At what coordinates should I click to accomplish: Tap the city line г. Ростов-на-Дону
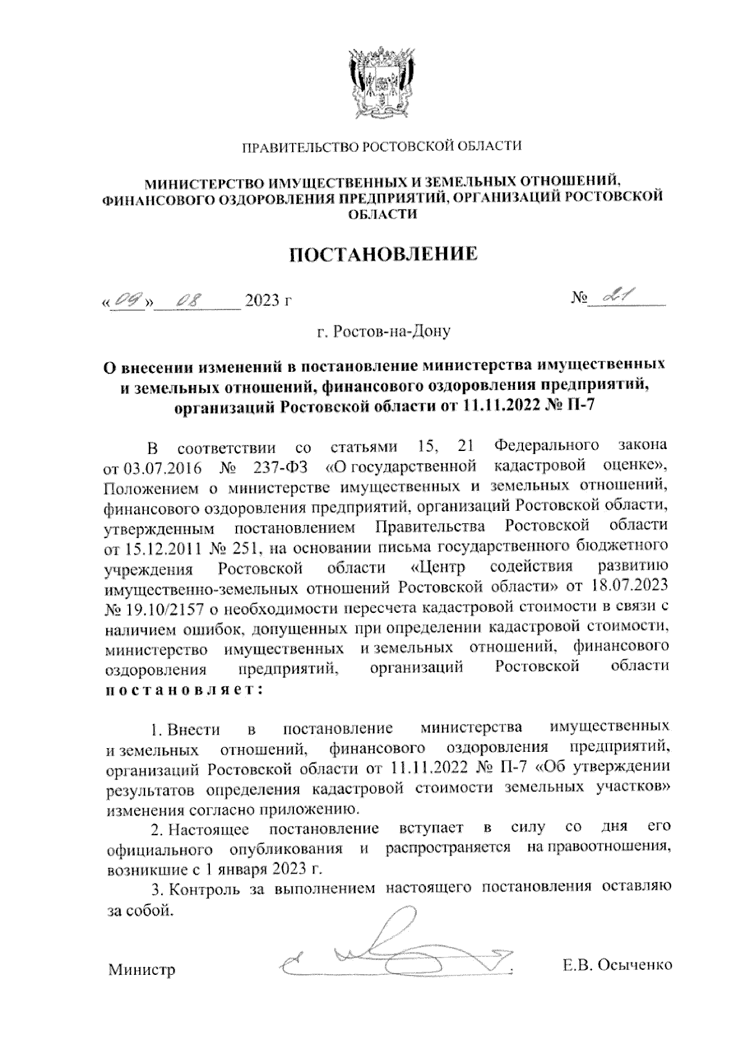click(x=383, y=332)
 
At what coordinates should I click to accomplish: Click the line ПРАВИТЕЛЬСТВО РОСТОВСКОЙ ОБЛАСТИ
click(x=381, y=146)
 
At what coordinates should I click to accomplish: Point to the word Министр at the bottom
click(x=142, y=970)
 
